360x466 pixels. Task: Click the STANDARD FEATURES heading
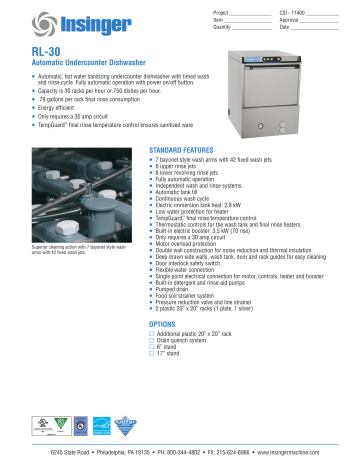(186, 148)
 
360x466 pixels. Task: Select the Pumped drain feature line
(176, 290)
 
